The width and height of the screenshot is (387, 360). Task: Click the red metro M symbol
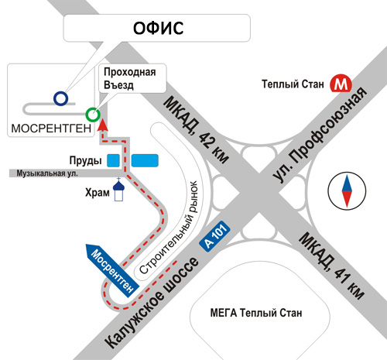341,84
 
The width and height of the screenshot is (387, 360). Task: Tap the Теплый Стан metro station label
293,84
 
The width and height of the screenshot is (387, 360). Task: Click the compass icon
347,191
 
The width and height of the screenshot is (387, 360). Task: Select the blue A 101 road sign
214,236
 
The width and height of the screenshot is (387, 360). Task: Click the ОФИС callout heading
158,28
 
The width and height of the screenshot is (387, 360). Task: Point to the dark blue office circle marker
61,98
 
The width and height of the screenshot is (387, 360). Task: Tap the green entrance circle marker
93,115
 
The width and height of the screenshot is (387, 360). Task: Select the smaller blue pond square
113,160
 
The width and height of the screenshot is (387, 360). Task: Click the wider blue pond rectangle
145,160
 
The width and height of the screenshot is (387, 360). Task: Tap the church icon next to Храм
118,190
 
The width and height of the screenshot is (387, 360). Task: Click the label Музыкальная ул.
47,173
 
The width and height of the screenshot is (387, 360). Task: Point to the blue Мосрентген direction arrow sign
112,270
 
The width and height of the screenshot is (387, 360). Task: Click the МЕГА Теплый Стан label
256,313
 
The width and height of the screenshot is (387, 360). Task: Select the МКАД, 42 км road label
196,130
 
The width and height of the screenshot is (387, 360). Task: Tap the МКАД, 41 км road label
331,266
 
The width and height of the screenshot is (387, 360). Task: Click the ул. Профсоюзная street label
320,135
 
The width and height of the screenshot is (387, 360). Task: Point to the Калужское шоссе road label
152,303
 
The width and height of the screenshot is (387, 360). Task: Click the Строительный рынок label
169,228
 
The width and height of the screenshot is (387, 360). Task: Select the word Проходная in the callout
130,72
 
